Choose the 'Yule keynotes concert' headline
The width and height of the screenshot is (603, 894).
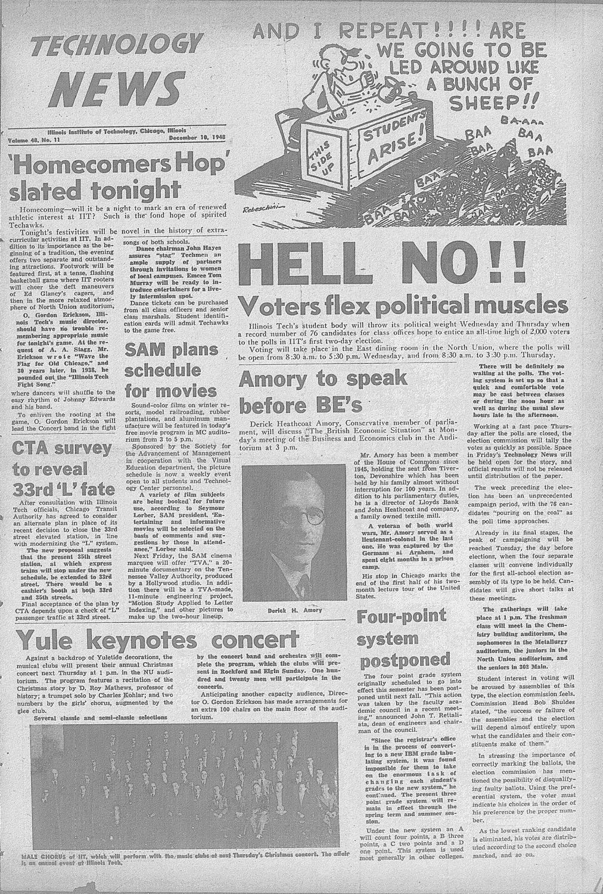tap(157, 641)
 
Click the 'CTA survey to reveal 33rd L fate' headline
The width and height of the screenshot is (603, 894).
tap(62, 468)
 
